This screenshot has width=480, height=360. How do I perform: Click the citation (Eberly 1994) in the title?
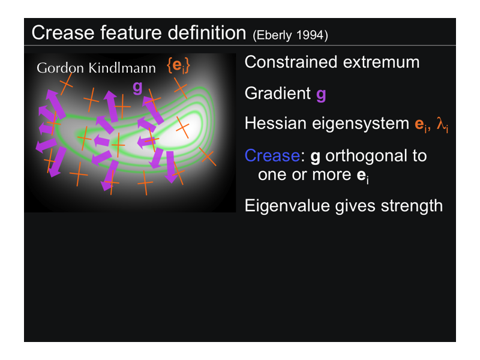[x=290, y=35]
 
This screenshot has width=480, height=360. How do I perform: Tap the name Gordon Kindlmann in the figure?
[x=96, y=68]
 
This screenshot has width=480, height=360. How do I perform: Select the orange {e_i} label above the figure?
[x=178, y=65]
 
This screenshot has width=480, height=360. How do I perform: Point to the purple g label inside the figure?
[x=137, y=88]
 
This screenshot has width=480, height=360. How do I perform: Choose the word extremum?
[x=381, y=63]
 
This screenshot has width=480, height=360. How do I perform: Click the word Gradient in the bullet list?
[x=278, y=93]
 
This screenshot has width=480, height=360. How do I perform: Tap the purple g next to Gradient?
[x=321, y=95]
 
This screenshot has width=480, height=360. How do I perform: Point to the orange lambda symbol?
[x=442, y=125]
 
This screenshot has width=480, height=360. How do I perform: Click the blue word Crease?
[x=272, y=156]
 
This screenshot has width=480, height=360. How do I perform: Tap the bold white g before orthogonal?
[x=316, y=157]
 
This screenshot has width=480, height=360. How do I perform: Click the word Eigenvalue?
[x=287, y=206]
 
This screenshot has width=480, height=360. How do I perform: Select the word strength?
[x=412, y=206]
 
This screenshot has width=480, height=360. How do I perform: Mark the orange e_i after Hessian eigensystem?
[x=421, y=125]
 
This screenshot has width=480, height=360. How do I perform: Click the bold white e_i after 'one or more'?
[x=363, y=176]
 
